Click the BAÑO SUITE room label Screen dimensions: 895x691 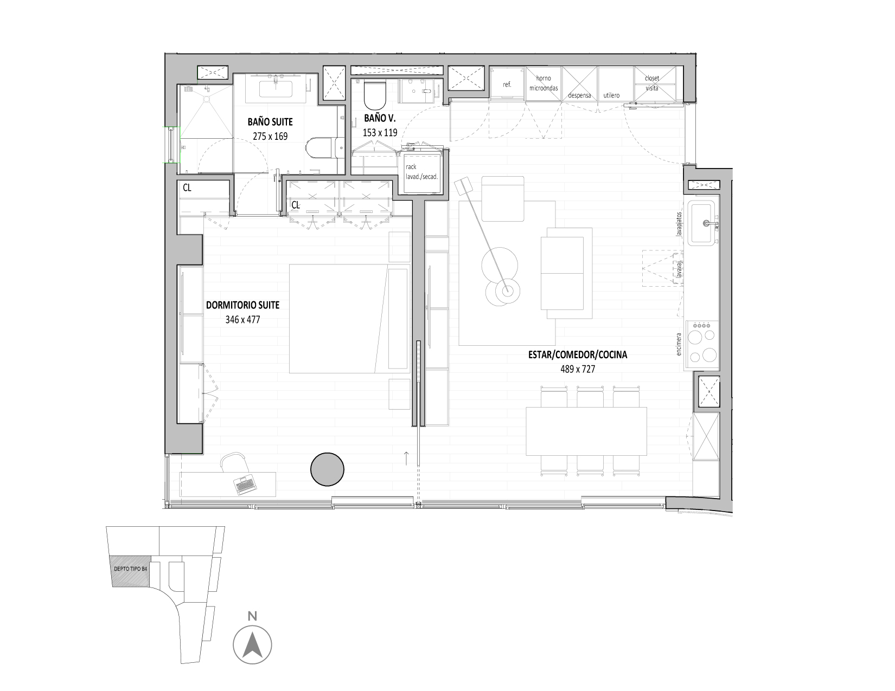(x=270, y=122)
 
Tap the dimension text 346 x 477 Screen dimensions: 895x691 (x=242, y=320)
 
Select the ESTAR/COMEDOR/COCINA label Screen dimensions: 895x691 (x=578, y=355)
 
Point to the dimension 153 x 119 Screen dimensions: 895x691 (x=380, y=133)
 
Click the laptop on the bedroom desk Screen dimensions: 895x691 (x=246, y=485)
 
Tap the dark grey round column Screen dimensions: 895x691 (x=327, y=469)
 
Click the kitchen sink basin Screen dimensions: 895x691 (x=703, y=223)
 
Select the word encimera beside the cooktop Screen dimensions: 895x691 (x=679, y=344)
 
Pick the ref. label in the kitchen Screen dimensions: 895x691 (x=507, y=85)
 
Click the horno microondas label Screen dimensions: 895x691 (x=544, y=83)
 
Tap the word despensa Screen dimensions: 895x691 (x=579, y=95)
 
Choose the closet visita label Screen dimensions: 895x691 (x=652, y=83)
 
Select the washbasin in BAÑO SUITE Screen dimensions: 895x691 (x=276, y=89)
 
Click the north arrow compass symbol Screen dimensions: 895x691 (x=252, y=645)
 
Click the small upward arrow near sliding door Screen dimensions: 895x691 (x=406, y=458)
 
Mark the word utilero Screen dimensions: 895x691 (x=612, y=95)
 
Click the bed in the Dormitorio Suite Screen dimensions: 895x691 (x=349, y=319)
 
